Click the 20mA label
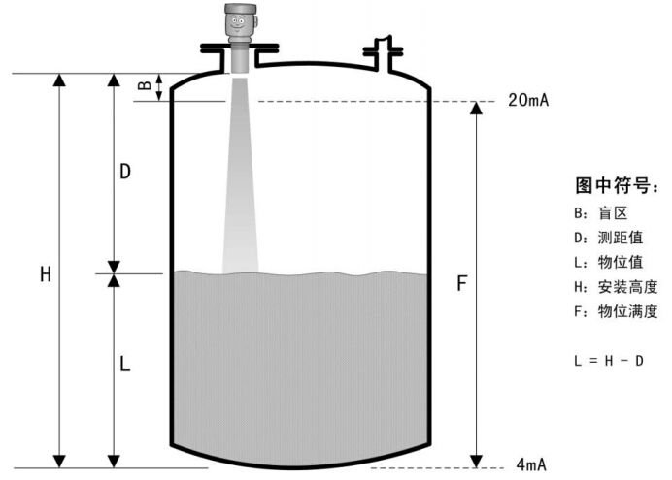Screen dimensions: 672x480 pos(528,100)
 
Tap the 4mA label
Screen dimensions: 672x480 pos(531,464)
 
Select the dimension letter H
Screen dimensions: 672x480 pos(46,274)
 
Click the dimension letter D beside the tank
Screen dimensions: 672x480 pos(124,172)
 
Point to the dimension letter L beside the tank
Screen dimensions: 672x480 pos(124,365)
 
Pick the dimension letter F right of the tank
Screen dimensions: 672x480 pos(461,283)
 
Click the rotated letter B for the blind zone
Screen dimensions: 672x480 pos(146,85)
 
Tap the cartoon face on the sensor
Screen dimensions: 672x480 pos(237,22)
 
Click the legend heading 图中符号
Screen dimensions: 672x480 pos(616,185)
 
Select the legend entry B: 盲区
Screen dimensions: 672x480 pos(601,213)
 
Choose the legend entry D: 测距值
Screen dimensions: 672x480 pos(609,238)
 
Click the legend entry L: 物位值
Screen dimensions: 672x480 pos(609,262)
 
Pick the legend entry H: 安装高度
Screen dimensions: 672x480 pos(616,287)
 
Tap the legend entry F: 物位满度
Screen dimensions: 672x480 pos(616,311)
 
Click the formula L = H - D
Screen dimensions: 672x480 pos(609,361)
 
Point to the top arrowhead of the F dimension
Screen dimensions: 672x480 pos(476,109)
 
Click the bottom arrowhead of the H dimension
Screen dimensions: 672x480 pos(59,462)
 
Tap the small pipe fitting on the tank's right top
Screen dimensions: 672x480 pos(383,52)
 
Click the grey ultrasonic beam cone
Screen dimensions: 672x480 pos(241,176)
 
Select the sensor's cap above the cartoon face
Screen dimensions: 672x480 pos(241,8)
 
